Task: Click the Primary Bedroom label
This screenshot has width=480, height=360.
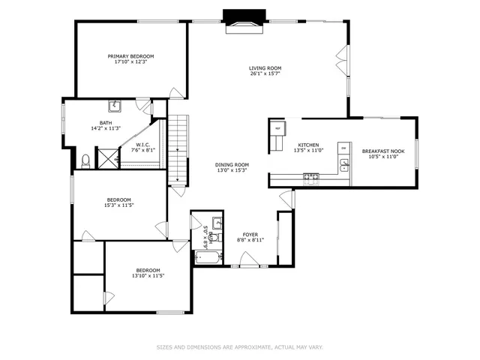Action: pos(130,56)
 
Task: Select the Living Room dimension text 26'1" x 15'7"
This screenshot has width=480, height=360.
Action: pos(265,74)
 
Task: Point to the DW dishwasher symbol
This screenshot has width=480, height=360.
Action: pos(343,148)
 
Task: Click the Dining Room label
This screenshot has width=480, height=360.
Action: pos(232,164)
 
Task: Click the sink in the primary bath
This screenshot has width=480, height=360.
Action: pos(116,106)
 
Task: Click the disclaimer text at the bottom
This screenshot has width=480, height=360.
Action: pos(239,347)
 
